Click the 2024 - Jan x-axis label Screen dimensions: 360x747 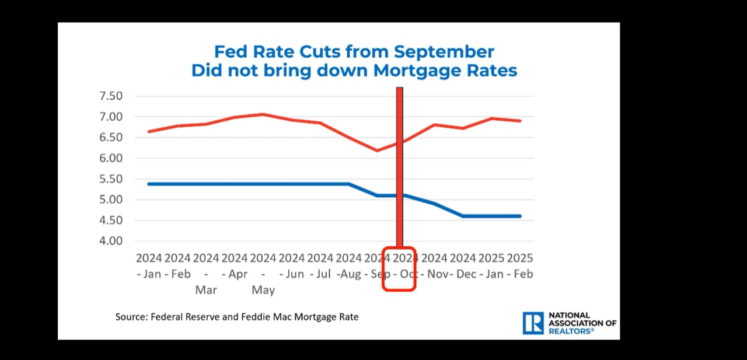pyautogui.click(x=149, y=265)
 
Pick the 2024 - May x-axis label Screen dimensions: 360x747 pyautogui.click(x=263, y=273)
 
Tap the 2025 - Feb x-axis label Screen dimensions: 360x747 pyautogui.click(x=520, y=265)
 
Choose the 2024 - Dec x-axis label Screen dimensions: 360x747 pyautogui.click(x=463, y=265)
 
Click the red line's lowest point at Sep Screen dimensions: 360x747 pyautogui.click(x=377, y=151)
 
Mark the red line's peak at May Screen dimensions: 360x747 pyautogui.click(x=263, y=114)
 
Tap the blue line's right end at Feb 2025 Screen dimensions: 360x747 pyautogui.click(x=520, y=216)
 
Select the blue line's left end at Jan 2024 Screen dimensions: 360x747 pyautogui.click(x=149, y=184)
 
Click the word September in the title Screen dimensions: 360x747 pyautogui.click(x=444, y=51)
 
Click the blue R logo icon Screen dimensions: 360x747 pyautogui.click(x=533, y=323)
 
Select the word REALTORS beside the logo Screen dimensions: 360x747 pyautogui.click(x=571, y=331)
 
